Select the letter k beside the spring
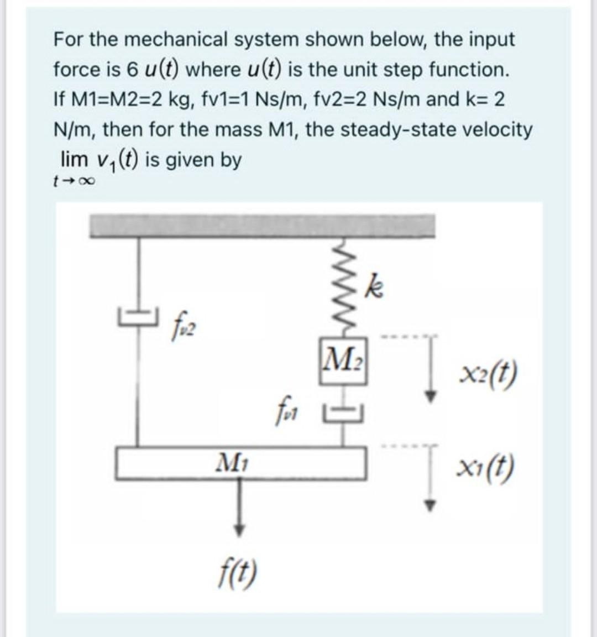coord(375,287)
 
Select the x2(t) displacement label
coord(487,375)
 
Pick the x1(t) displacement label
coord(487,468)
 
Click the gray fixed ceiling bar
coord(263,226)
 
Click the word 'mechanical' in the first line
coord(172,40)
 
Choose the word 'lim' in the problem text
coord(74,159)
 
